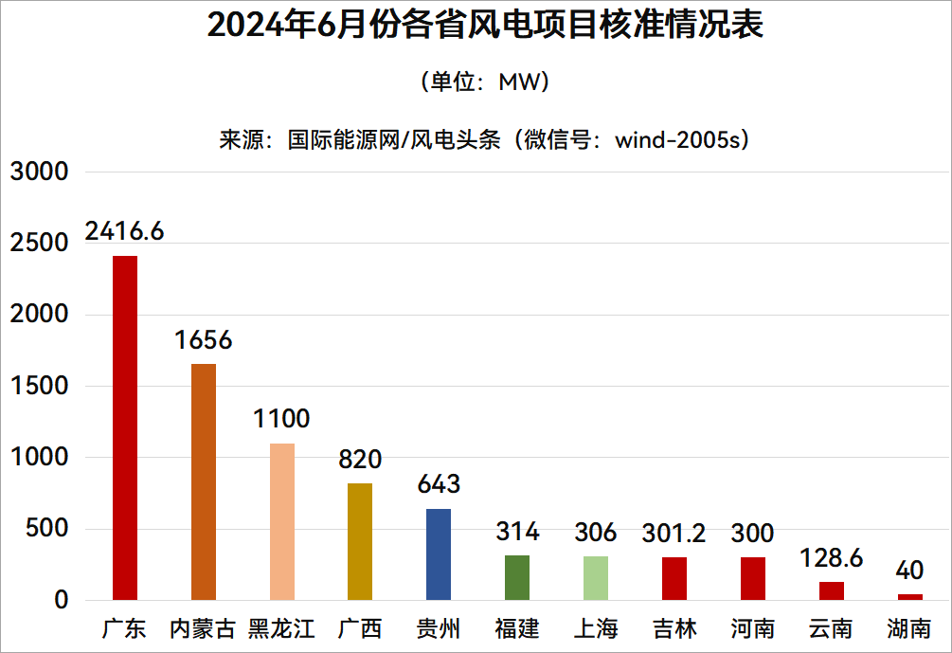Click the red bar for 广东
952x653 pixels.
coord(125,427)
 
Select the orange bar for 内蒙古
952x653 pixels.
coord(204,481)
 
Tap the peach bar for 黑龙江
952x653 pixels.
coord(282,521)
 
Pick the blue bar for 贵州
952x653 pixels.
coord(439,554)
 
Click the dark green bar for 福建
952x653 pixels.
coord(517,577)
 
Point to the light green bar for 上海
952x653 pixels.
coord(595,578)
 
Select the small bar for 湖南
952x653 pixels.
coord(909,597)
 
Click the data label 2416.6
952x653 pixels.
coord(124,231)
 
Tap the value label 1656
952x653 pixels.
coord(203,340)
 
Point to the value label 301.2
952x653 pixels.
coord(674,534)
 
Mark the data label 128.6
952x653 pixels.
coord(831,558)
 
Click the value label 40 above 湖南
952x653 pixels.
coord(909,571)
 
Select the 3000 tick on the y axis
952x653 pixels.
coord(40,172)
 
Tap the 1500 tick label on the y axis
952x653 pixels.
coord(40,387)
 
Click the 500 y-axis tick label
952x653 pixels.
coord(46,529)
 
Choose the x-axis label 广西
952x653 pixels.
coord(360,628)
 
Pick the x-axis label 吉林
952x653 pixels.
coord(674,628)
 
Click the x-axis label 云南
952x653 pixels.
coord(831,628)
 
